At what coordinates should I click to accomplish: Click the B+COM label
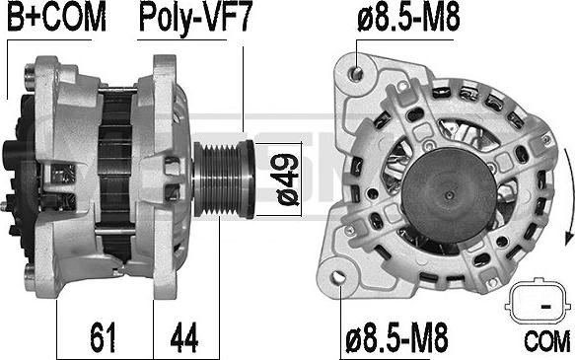pos(56,17)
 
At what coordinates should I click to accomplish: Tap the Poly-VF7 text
pos(194,19)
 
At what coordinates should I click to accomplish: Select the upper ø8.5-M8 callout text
pos(408,17)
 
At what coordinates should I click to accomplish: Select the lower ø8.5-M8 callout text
pos(396,337)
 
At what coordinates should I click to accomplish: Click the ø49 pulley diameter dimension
pos(288,180)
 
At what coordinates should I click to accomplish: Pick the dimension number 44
pos(184,336)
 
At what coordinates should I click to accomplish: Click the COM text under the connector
pos(547,341)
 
